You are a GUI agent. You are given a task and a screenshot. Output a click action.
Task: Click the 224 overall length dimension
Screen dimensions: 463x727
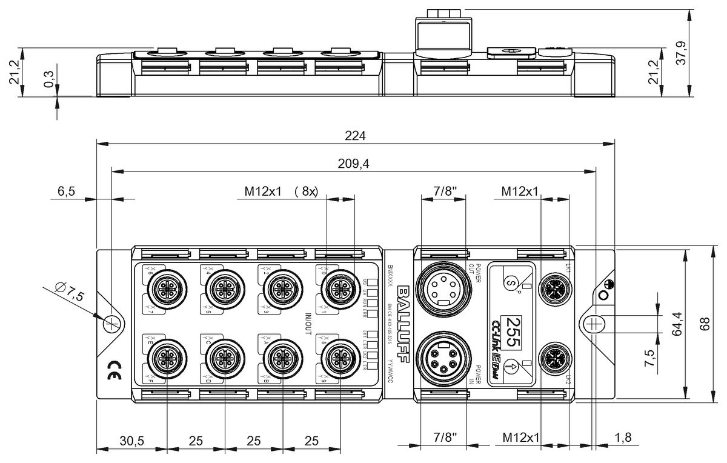[355, 136]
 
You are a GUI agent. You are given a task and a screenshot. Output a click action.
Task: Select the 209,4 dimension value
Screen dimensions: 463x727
[355, 163]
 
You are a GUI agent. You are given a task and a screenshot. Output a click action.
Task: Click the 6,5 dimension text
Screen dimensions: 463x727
[66, 192]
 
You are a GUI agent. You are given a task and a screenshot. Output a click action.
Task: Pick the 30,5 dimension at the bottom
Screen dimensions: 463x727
[131, 441]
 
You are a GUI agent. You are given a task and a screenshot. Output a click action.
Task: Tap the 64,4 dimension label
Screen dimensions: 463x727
[676, 324]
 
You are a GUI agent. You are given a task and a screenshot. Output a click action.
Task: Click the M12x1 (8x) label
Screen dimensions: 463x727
[281, 192]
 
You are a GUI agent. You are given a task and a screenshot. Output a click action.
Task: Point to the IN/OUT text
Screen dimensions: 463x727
[308, 324]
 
